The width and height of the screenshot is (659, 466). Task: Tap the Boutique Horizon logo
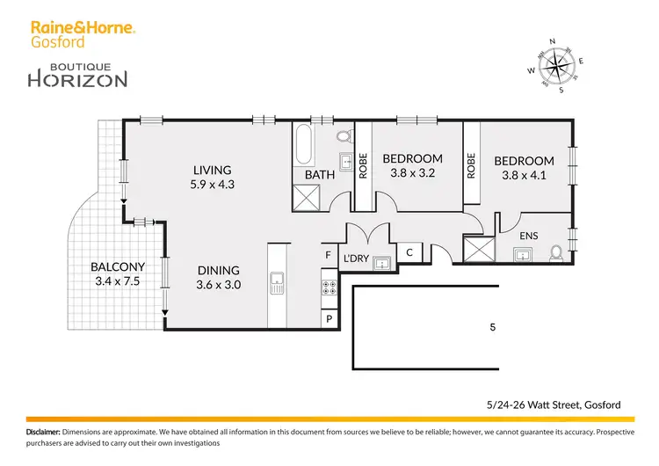[78, 73]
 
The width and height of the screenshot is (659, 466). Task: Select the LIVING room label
[213, 171]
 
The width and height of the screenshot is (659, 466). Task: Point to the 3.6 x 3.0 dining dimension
[219, 285]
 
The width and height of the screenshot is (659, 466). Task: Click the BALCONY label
[118, 267]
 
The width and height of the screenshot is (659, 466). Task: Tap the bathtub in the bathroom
[303, 145]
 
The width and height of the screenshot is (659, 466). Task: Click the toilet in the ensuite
[555, 252]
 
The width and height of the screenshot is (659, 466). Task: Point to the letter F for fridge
[329, 256]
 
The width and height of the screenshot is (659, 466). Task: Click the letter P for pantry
[329, 318]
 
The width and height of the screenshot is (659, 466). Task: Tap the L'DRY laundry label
[356, 258]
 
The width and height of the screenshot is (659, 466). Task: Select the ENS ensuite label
[529, 236]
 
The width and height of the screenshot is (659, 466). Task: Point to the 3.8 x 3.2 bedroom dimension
[412, 173]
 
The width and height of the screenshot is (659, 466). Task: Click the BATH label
[319, 175]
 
